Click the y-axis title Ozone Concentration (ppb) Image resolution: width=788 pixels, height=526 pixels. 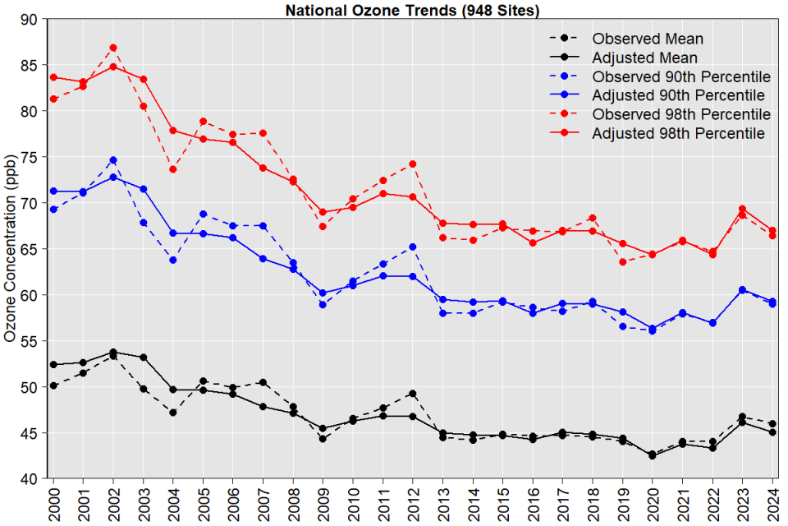tap(11, 247)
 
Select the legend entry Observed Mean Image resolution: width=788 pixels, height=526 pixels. tap(648, 39)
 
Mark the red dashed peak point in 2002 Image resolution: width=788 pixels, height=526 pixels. tap(113, 48)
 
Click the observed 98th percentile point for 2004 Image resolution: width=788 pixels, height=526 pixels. tap(173, 169)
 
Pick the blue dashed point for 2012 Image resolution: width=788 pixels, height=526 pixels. tap(413, 247)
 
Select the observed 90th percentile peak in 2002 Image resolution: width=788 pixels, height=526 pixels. tap(113, 160)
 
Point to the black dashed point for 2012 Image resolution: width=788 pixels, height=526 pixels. tap(413, 393)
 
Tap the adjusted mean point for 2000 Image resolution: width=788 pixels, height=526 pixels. tap(53, 364)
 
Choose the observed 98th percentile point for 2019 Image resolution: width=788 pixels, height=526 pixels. tap(623, 262)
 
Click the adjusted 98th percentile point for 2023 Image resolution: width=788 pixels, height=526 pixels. tap(743, 210)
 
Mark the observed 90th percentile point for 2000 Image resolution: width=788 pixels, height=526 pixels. tap(53, 210)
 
